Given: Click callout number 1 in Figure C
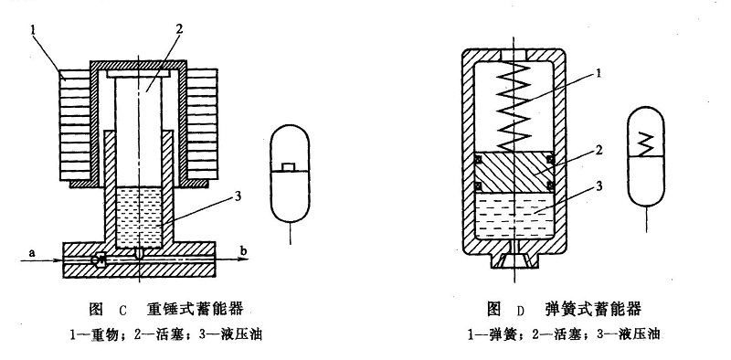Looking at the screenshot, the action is (x=33, y=30).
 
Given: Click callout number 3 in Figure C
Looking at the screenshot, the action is (x=238, y=196).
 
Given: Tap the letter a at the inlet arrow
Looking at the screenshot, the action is (x=32, y=252).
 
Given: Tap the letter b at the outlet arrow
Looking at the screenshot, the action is (x=244, y=252).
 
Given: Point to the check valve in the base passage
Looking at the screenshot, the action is (x=100, y=260).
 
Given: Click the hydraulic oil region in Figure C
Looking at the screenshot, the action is (x=139, y=217).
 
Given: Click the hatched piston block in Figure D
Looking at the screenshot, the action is (x=514, y=172).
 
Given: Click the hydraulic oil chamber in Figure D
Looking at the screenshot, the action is (x=514, y=216).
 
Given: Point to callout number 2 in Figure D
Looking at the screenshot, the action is (x=599, y=151).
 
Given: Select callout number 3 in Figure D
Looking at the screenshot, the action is (x=599, y=186).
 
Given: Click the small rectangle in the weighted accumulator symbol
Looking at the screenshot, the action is (x=290, y=167).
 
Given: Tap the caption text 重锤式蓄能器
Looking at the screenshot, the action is (x=196, y=309).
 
